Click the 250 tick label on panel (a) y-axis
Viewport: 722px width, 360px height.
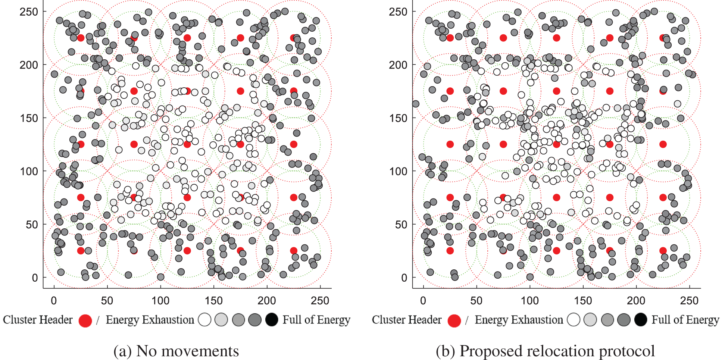[29, 12]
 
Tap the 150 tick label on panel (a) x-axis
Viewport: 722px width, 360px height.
[213, 301]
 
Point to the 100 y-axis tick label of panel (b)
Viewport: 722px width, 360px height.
[398, 172]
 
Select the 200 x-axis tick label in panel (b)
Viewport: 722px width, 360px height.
[636, 301]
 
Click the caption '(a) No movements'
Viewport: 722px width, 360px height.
[176, 351]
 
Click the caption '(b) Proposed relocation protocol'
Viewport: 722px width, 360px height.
[545, 351]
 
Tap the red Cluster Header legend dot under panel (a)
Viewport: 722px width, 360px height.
[85, 320]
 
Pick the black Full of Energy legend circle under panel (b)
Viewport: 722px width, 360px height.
[641, 320]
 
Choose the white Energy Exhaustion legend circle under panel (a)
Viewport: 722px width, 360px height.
[205, 320]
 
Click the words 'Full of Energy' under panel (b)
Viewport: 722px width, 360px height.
[685, 320]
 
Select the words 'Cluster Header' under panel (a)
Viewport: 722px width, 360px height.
[38, 320]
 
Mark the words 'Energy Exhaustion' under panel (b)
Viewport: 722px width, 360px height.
[519, 320]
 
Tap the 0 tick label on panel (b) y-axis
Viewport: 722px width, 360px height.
[404, 278]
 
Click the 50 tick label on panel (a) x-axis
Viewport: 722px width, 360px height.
[107, 301]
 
